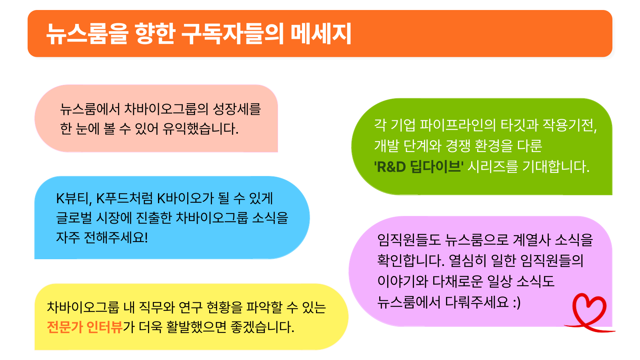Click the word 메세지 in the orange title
(x=321, y=34)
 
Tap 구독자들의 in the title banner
(x=232, y=34)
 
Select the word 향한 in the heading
(x=154, y=34)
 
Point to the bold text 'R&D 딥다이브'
(x=419, y=167)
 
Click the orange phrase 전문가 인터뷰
(x=85, y=327)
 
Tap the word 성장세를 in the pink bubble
(x=237, y=109)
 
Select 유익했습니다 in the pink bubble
(x=200, y=129)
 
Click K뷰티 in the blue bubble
(x=74, y=198)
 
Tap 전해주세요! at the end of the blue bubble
(x=116, y=238)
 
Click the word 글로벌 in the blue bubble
(x=74, y=218)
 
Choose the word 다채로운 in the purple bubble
(x=457, y=282)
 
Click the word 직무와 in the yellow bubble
(x=156, y=308)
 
